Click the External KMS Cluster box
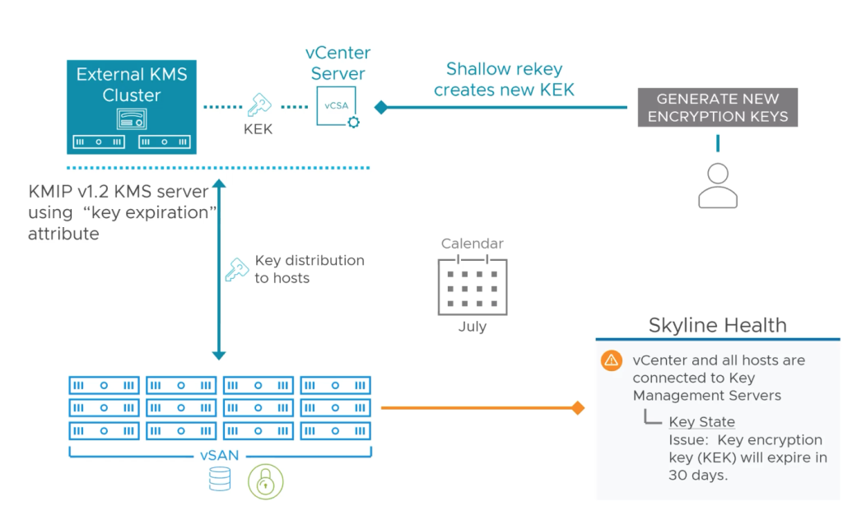(x=132, y=106)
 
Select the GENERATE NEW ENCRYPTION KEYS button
(x=718, y=107)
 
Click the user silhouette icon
(x=717, y=185)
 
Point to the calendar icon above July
(x=472, y=285)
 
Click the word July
(x=472, y=327)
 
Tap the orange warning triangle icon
(x=611, y=360)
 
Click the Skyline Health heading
(x=718, y=325)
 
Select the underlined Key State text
(x=701, y=422)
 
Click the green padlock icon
(x=265, y=481)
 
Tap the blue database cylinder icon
(x=220, y=480)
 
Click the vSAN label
(x=220, y=455)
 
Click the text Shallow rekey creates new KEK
(x=504, y=80)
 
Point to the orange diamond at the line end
(x=578, y=407)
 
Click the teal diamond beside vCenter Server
(x=380, y=107)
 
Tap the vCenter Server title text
(x=338, y=63)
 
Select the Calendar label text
(x=472, y=244)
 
